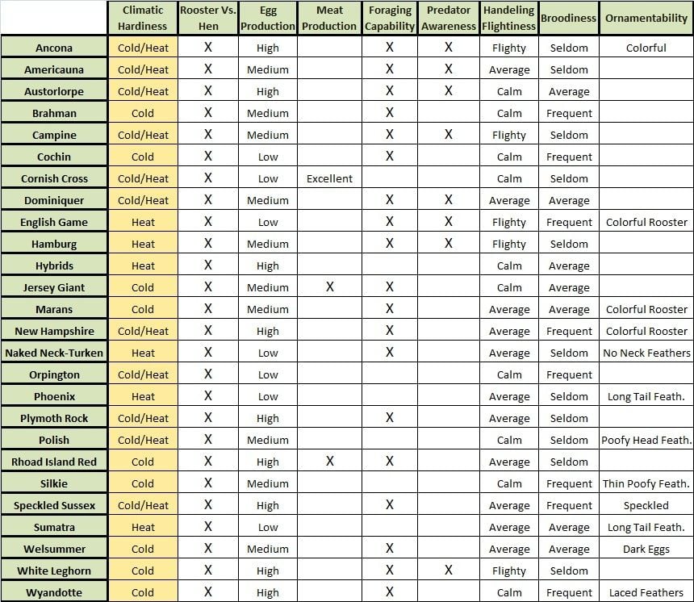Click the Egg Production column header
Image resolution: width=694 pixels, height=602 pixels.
(x=268, y=18)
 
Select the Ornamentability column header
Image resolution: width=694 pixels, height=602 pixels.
(x=646, y=18)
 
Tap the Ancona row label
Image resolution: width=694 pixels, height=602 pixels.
(x=54, y=48)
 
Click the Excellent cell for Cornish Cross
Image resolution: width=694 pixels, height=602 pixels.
(x=329, y=178)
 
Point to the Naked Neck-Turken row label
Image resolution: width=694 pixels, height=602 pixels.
(x=54, y=353)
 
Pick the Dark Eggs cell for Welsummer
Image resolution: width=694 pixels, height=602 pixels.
(x=646, y=549)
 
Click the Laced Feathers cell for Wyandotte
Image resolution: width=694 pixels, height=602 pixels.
(x=646, y=592)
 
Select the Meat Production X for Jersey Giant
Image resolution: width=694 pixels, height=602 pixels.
(x=329, y=287)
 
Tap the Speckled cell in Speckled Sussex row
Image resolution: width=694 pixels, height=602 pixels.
(x=646, y=505)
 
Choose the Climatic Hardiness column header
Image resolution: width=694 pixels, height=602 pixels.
(x=143, y=18)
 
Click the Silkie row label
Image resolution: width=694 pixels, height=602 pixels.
(x=54, y=483)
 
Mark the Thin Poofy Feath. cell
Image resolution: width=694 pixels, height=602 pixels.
(x=646, y=483)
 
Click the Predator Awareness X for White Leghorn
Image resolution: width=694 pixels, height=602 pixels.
(x=448, y=571)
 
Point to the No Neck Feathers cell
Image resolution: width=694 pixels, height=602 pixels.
(x=646, y=353)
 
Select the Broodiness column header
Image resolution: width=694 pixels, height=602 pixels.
(x=569, y=18)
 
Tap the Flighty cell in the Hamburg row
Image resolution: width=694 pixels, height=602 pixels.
(x=509, y=244)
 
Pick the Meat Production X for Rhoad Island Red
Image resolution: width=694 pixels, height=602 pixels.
(x=329, y=462)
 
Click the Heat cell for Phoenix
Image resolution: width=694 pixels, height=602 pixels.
(x=143, y=396)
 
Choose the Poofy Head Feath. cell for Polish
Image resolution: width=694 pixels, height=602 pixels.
(x=646, y=440)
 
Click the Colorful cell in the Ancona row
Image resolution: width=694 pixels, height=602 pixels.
(x=646, y=48)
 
